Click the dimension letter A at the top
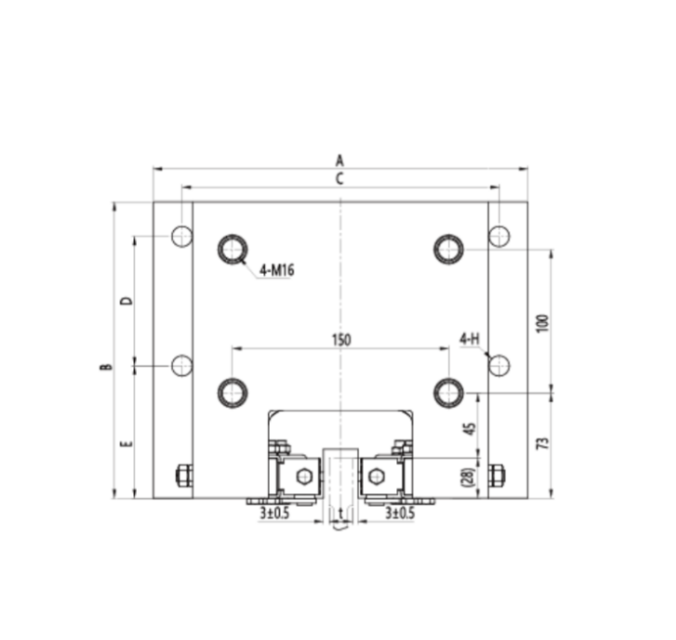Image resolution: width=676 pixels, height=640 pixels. (x=339, y=160)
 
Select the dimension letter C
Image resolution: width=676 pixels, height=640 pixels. (x=339, y=178)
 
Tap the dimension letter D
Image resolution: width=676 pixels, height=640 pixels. (x=127, y=300)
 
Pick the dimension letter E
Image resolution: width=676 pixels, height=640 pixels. (x=127, y=443)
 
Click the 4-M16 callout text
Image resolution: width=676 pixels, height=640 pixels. (x=277, y=270)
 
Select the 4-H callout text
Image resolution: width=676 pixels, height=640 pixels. (x=470, y=339)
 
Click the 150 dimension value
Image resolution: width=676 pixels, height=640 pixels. (x=341, y=340)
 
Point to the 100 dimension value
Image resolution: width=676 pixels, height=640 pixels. (x=544, y=323)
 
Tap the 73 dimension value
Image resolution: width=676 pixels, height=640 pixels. (x=544, y=443)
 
